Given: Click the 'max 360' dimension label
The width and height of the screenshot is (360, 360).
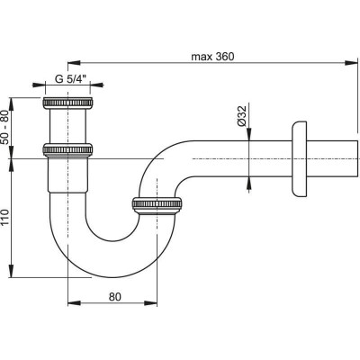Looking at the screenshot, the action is [x=212, y=57].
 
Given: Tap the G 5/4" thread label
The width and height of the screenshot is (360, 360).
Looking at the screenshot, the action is [x=70, y=79].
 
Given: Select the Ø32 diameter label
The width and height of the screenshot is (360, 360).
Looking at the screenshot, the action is [x=241, y=115].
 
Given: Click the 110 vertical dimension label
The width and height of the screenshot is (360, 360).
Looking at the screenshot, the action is [x=6, y=218].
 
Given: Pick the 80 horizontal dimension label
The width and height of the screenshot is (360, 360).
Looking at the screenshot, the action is [x=115, y=297].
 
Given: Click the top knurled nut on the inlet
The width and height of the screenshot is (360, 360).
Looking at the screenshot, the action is [x=67, y=103].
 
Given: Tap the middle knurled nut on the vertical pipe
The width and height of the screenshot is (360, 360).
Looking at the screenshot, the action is [x=67, y=149].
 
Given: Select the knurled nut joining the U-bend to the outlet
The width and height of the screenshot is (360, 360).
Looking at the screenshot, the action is [x=157, y=205].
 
